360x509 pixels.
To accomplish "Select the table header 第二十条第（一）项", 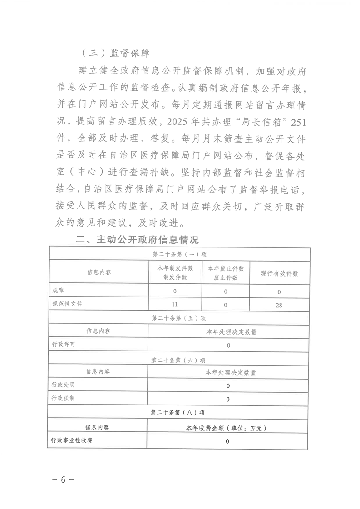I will (179, 254).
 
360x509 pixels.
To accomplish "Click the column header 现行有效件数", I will (279, 273).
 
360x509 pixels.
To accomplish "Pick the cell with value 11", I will (175, 305).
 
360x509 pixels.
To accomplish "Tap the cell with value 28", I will (279, 305).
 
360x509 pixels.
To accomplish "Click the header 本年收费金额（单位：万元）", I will (228, 427).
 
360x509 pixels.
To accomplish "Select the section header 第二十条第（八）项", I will (179, 412).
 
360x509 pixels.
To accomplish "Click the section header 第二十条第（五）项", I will (179, 318).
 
